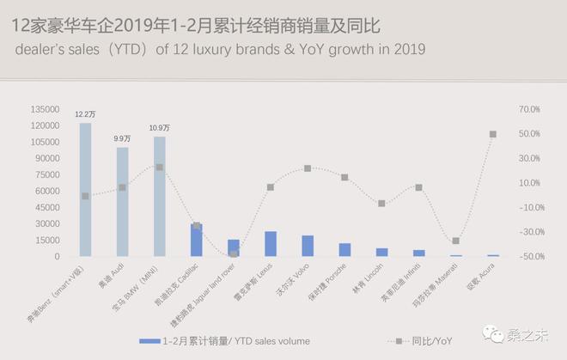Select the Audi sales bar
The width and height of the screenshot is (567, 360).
pos(122,202)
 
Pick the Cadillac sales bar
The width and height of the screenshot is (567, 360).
pos(197,240)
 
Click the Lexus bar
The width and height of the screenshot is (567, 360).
pos(271,244)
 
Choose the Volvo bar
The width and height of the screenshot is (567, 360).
pos(308,246)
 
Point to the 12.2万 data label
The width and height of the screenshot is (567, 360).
pos(85,113)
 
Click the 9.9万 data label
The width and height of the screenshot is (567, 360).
pos(122,138)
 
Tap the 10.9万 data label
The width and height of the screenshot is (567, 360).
pos(159,128)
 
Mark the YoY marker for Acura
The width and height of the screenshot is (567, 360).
pos(492,134)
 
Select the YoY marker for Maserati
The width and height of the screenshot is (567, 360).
pos(455,241)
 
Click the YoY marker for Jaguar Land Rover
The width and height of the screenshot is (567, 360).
pos(234,253)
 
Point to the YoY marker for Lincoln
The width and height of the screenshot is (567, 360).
pos(381,204)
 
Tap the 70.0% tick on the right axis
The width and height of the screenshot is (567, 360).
pos(530,110)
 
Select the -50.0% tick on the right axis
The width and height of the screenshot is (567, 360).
pos(530,257)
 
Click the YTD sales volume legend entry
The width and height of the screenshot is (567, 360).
pos(223,341)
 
